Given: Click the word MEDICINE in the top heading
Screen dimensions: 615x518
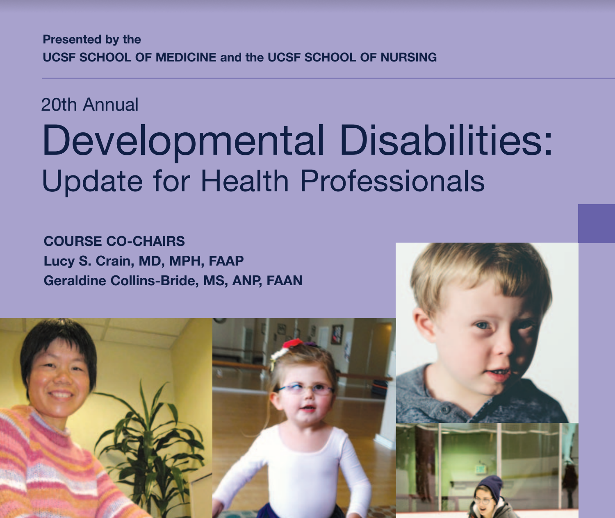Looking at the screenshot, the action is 186,57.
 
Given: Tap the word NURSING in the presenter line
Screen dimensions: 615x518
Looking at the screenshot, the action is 408,57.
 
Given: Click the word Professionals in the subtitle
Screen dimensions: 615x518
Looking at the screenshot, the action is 392,182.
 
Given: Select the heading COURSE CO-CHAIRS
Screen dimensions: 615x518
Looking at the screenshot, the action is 114,241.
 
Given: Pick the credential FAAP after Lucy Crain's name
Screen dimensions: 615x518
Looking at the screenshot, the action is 226,261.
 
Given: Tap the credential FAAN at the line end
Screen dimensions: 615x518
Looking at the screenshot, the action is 284,281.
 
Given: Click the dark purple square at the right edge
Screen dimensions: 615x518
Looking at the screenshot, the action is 597,223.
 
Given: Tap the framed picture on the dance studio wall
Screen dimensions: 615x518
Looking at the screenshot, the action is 337,334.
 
